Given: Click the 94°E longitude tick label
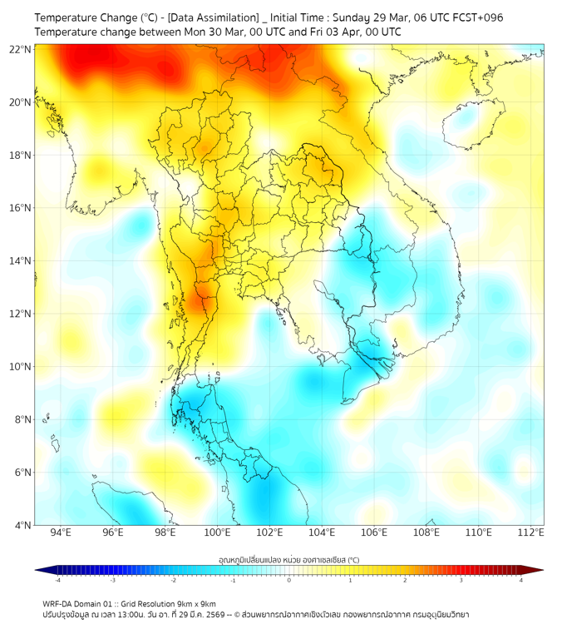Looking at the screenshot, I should coord(61,533).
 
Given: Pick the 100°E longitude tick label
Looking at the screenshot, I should coord(218,533).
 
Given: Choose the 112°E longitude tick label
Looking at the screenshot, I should coord(531,533).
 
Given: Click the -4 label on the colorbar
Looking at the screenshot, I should coord(57,580).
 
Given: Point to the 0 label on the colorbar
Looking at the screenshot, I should coord(289,580).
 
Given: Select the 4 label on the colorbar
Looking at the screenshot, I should coord(520,580).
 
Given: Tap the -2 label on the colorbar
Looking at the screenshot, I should coord(173,580).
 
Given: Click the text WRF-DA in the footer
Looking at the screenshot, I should coord(57,603).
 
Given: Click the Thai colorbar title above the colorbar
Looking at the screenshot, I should coord(288,560).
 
